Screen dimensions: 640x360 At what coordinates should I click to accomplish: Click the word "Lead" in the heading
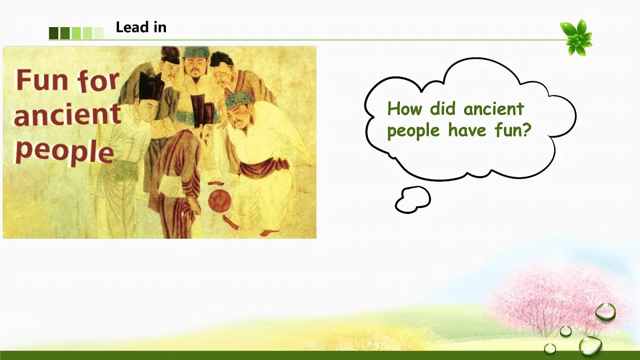click(x=133, y=27)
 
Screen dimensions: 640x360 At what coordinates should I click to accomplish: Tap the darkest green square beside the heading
click(x=54, y=33)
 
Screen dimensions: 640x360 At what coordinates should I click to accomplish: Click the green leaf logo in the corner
click(x=577, y=37)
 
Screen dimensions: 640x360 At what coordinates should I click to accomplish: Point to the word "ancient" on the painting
click(x=67, y=115)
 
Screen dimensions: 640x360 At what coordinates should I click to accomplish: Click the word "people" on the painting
click(x=65, y=151)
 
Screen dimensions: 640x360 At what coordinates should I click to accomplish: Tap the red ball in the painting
click(x=219, y=201)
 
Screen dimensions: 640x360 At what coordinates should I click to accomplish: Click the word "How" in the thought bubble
click(x=405, y=109)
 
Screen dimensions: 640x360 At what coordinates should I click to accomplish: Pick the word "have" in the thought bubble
click(x=467, y=130)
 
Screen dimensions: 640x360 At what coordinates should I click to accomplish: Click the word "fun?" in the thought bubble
click(x=513, y=130)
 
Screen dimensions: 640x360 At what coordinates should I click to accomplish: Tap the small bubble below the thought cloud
click(x=413, y=199)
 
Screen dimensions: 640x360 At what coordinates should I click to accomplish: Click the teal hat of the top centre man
click(x=196, y=52)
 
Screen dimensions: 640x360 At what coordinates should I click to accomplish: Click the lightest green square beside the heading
click(x=99, y=33)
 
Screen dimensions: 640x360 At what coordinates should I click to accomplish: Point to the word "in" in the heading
click(x=161, y=27)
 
